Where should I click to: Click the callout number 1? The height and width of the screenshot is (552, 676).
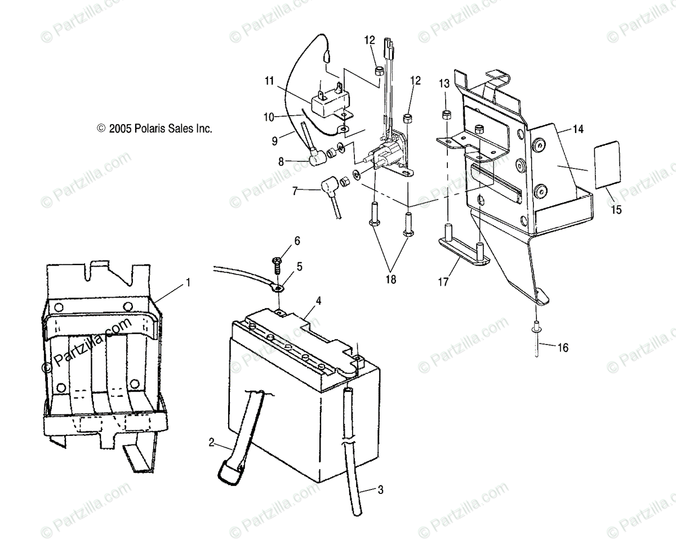coord(188,281)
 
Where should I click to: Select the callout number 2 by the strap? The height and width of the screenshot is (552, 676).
coord(211,443)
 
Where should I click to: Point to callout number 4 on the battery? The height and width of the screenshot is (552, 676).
coord(318,301)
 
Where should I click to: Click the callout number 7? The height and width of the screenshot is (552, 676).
coord(294,192)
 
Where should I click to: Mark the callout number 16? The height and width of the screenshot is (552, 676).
coord(563,347)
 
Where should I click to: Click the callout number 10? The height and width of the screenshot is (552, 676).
coord(269,117)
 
